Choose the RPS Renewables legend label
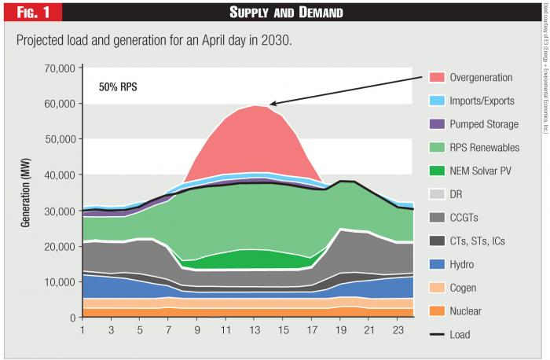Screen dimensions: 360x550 point(485,147)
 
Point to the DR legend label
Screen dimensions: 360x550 point(456,194)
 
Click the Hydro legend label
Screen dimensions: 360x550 point(463,264)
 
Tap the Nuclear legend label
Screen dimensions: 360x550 point(467,311)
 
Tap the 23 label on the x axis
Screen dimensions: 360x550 point(398,329)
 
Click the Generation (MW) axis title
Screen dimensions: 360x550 point(26,193)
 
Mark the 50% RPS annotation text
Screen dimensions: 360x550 point(117,86)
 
